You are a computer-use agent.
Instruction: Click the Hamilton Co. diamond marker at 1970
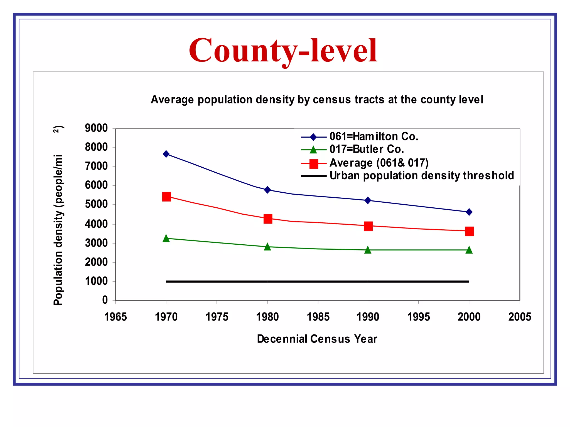click(166, 154)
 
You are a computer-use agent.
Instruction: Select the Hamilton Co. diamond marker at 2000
click(469, 212)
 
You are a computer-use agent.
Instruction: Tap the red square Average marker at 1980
click(268, 219)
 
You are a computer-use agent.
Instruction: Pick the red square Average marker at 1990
click(368, 226)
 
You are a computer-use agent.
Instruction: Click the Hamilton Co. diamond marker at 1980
click(267, 190)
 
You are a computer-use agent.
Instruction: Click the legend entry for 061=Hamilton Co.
click(374, 136)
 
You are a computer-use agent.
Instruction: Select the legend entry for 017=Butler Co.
click(367, 149)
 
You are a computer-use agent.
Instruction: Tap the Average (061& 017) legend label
click(379, 163)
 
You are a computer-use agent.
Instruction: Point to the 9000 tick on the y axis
click(96, 128)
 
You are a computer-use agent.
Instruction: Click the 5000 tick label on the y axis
click(96, 204)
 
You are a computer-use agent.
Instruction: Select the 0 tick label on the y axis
click(105, 300)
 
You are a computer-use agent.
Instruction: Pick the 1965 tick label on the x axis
click(116, 317)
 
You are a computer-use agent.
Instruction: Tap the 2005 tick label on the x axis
click(520, 317)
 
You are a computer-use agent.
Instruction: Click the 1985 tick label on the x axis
click(318, 317)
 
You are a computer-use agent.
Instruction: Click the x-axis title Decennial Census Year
click(317, 339)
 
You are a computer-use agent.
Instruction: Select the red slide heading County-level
click(283, 51)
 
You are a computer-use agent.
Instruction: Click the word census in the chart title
click(332, 100)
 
